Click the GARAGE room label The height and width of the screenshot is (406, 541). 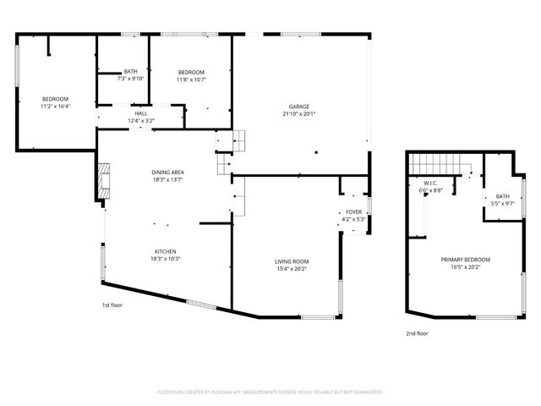pyautogui.click(x=299, y=107)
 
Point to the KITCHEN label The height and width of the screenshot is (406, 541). pyautogui.click(x=165, y=251)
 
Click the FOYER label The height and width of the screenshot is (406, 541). pyautogui.click(x=353, y=212)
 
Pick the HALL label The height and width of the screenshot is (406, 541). pyautogui.click(x=140, y=113)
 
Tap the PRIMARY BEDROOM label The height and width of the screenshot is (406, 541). pyautogui.click(x=465, y=260)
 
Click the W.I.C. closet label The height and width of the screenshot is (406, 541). pyautogui.click(x=429, y=184)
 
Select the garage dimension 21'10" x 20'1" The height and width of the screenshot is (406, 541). pyautogui.click(x=299, y=114)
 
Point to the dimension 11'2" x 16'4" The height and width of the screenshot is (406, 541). pyautogui.click(x=55, y=107)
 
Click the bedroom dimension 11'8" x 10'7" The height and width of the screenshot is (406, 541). pyautogui.click(x=191, y=80)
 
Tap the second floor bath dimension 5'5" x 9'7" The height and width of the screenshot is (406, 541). pyautogui.click(x=503, y=204)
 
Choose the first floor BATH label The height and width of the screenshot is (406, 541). pyautogui.click(x=130, y=72)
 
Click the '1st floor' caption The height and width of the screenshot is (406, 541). pyautogui.click(x=112, y=304)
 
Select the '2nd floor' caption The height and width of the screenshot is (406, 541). pyautogui.click(x=417, y=334)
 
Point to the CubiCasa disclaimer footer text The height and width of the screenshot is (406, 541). pyautogui.click(x=270, y=392)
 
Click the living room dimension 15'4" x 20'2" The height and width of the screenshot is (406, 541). pyautogui.click(x=291, y=270)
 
